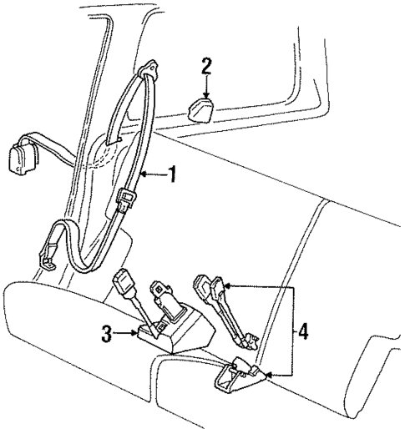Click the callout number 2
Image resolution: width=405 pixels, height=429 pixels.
[208, 66]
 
